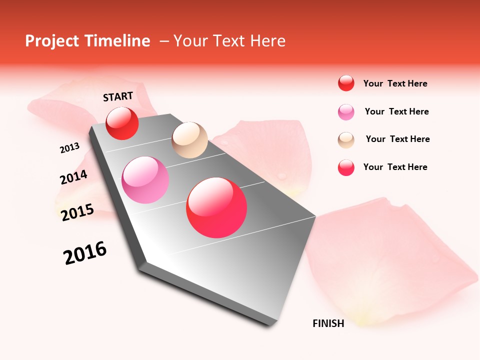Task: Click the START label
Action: [x=118, y=96]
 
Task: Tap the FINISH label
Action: [x=328, y=323]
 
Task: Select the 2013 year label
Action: [x=69, y=148]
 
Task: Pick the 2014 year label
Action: [x=73, y=177]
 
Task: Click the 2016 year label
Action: [x=85, y=253]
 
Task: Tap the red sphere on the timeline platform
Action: [x=122, y=123]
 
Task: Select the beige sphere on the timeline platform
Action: [x=189, y=140]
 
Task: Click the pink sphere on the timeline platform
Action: [x=145, y=180]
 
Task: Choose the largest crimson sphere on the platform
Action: [x=216, y=207]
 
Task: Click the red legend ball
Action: [x=346, y=83]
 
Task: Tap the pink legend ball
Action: [x=346, y=112]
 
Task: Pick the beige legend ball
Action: [x=346, y=139]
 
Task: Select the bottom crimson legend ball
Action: [x=346, y=167]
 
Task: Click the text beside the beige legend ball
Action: [x=397, y=139]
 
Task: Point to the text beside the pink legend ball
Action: [x=396, y=111]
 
